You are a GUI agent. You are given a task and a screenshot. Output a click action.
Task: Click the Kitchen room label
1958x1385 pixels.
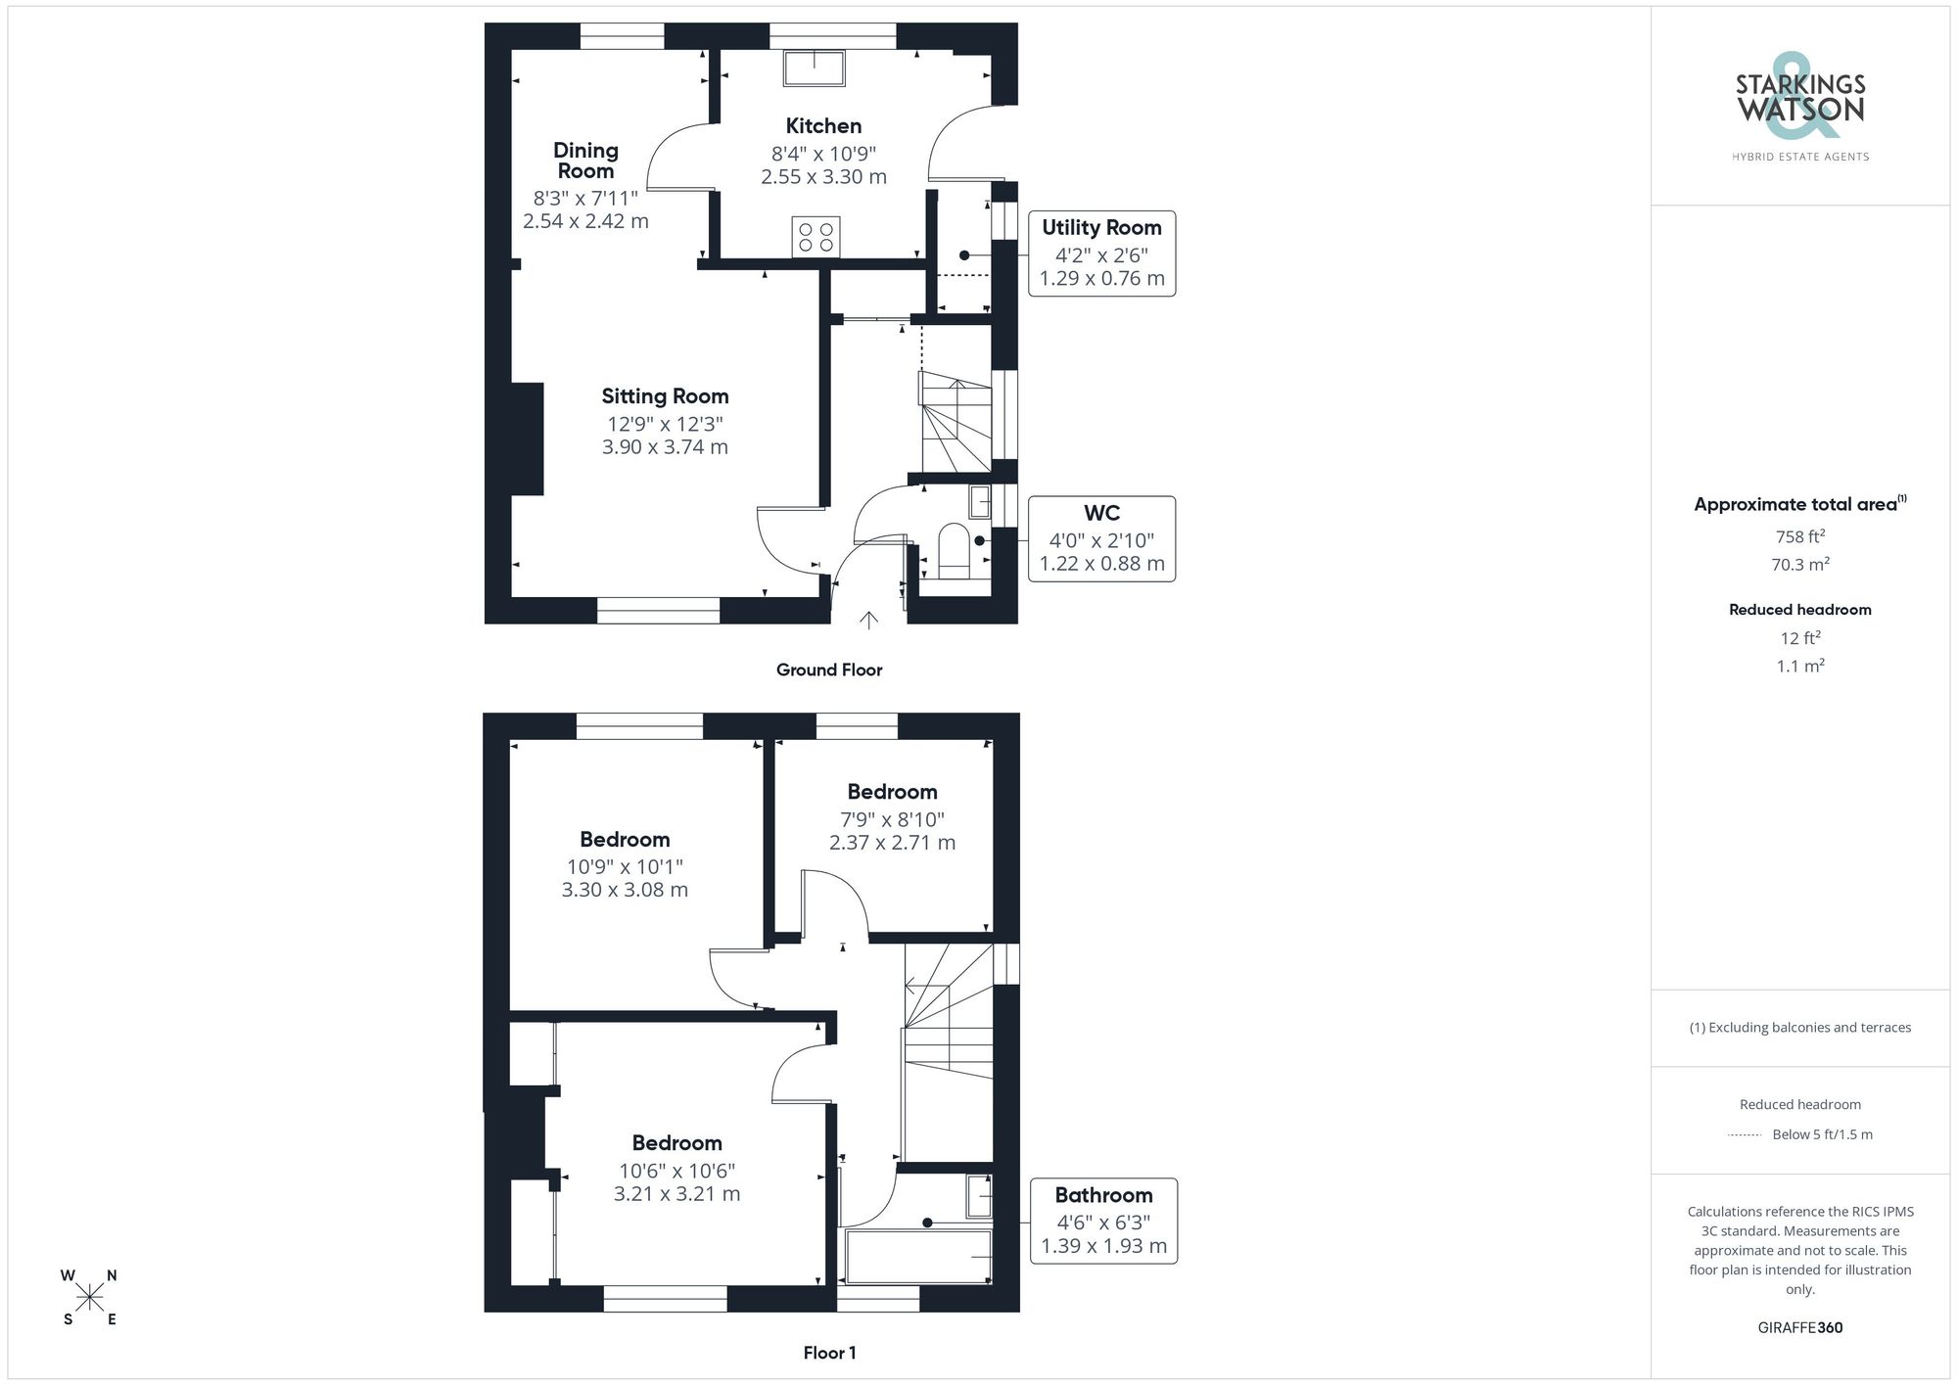(x=823, y=126)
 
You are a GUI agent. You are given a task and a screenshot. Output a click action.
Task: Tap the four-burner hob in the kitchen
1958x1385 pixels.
(x=816, y=237)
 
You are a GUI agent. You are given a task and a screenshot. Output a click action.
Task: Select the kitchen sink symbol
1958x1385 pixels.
(x=814, y=68)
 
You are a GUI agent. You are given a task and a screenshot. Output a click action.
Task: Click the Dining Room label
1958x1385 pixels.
(x=585, y=161)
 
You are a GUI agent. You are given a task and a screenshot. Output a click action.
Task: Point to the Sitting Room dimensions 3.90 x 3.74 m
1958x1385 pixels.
(x=665, y=447)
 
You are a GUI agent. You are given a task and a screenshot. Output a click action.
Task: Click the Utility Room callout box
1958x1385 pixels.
(x=1101, y=254)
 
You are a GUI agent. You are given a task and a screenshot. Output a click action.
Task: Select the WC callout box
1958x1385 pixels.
(x=1101, y=539)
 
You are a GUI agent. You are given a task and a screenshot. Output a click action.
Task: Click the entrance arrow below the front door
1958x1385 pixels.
(x=868, y=620)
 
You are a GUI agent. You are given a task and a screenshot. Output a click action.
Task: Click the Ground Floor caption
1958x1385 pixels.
(x=829, y=670)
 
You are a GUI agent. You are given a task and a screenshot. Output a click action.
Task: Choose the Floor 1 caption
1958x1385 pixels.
(x=829, y=1353)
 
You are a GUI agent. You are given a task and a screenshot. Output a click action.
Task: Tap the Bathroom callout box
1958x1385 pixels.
(x=1103, y=1221)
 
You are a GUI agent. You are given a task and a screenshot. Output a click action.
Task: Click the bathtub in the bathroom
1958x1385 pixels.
(x=918, y=1257)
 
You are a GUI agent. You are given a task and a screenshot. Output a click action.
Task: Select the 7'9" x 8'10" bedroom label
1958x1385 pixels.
(x=892, y=819)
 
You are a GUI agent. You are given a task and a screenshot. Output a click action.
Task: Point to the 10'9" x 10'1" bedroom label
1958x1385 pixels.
(x=625, y=866)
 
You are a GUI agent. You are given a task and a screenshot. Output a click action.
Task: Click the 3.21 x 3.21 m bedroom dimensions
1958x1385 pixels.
(x=676, y=1194)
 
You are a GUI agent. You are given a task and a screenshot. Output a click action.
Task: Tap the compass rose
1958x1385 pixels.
(x=90, y=1298)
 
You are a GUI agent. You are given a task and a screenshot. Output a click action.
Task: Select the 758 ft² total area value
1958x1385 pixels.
(x=1799, y=536)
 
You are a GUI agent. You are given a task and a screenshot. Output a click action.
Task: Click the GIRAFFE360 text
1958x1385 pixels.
(x=1799, y=1328)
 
